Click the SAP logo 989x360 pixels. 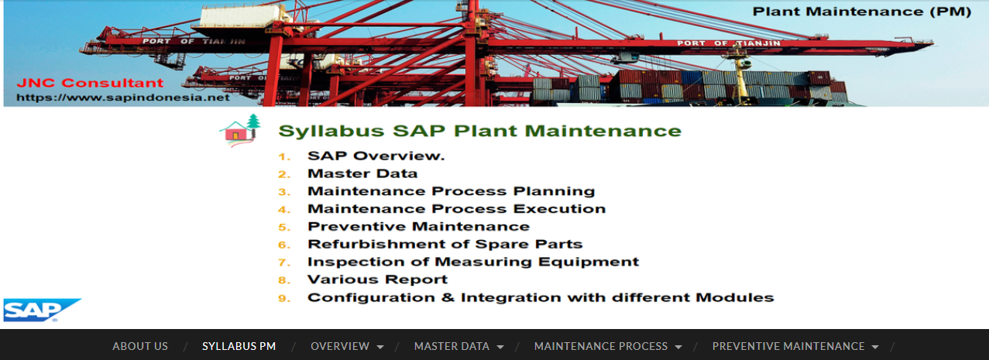coord(42,310)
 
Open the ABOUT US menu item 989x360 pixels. coord(140,346)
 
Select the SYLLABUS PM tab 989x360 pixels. coord(239,346)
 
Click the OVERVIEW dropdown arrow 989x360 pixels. coord(380,347)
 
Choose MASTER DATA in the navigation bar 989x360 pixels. coord(452,346)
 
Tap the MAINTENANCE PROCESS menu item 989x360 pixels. coord(601,346)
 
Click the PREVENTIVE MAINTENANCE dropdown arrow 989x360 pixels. coord(875,347)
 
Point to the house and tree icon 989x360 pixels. coord(240,130)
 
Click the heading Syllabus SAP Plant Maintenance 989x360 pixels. coord(480,131)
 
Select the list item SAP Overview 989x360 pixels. coord(376,156)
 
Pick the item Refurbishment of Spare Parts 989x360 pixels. coord(445,244)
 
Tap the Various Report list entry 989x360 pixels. coord(377,279)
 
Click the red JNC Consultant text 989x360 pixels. coord(90,83)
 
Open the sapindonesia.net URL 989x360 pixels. coord(123,98)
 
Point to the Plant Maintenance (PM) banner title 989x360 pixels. coord(862,12)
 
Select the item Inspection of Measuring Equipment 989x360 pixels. coord(473,262)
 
